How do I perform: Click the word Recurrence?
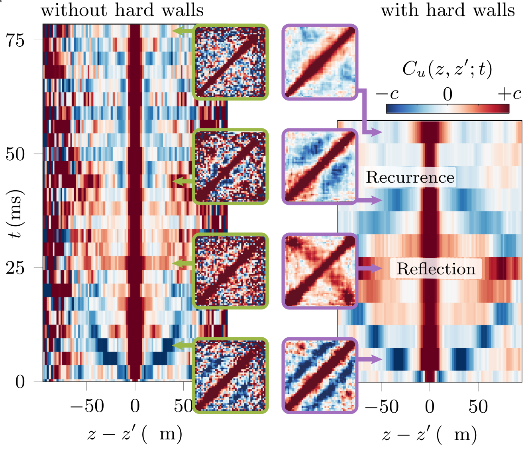pyautogui.click(x=410, y=177)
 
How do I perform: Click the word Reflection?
pyautogui.click(x=436, y=269)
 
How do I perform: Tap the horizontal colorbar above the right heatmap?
pyautogui.click(x=448, y=108)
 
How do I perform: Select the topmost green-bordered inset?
pyautogui.click(x=230, y=62)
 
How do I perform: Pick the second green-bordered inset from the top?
pyautogui.click(x=230, y=167)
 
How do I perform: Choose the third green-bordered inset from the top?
pyautogui.click(x=230, y=271)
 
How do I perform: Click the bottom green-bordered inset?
pyautogui.click(x=230, y=376)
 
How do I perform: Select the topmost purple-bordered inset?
pyautogui.click(x=320, y=62)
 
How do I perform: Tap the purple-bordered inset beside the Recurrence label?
pyautogui.click(x=320, y=167)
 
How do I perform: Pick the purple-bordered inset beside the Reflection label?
pyautogui.click(x=320, y=271)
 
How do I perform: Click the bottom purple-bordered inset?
pyautogui.click(x=320, y=376)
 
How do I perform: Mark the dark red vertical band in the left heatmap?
pyautogui.click(x=135, y=199)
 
